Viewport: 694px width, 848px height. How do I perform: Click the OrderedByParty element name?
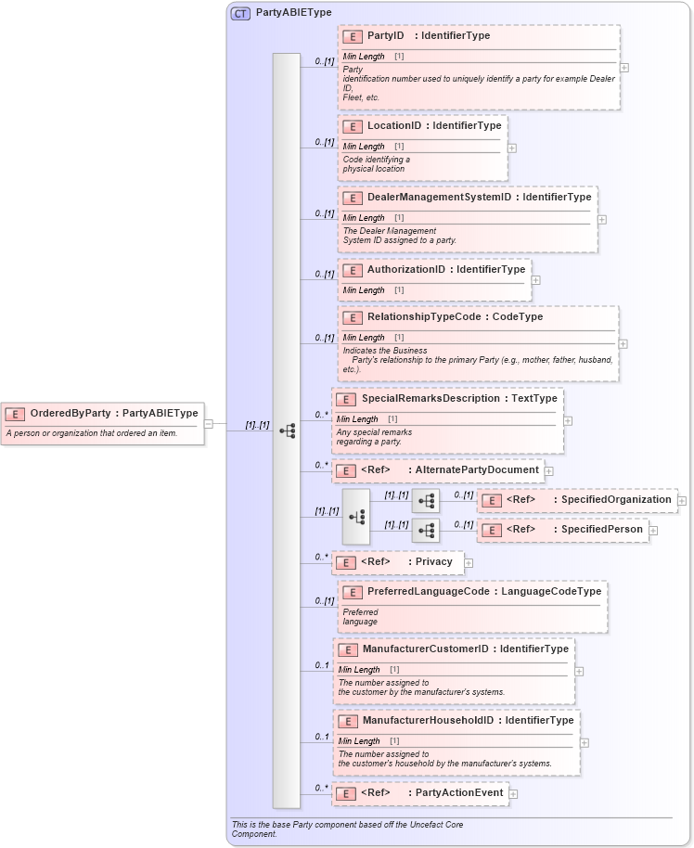pos(71,414)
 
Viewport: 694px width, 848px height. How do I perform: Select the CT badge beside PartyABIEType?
pos(240,13)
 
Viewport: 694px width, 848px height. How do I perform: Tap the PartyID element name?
pos(385,36)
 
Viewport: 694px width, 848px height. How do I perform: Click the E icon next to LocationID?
pos(353,126)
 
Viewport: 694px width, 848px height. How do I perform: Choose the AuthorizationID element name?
pos(405,270)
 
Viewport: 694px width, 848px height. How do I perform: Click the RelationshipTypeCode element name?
pos(423,317)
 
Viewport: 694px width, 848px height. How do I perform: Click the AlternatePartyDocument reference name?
pos(476,470)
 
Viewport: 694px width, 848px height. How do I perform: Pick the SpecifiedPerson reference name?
pos(601,530)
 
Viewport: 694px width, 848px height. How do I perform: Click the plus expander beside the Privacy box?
pos(469,562)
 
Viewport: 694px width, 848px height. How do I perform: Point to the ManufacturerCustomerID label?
pos(425,649)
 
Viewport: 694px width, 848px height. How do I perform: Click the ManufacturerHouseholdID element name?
pos(428,721)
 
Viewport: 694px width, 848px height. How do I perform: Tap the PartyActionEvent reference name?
pos(458,793)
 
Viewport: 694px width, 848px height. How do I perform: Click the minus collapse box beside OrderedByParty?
pos(209,424)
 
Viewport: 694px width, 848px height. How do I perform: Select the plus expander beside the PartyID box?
pos(624,67)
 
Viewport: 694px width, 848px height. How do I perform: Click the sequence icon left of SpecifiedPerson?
pos(426,531)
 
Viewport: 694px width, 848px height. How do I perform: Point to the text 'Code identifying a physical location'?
pos(375,164)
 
